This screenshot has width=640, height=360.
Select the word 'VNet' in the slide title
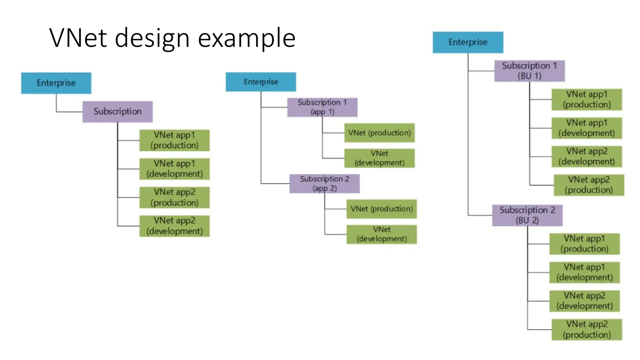[x=78, y=38]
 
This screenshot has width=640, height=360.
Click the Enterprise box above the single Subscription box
[x=56, y=83]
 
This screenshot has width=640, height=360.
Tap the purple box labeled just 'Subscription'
[x=117, y=112]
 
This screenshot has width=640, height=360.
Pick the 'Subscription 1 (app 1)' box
[x=322, y=107]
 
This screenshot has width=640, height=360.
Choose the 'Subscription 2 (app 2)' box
[x=324, y=184]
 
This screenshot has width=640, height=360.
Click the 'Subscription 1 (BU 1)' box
[x=529, y=71]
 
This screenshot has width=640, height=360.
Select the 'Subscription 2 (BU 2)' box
[x=527, y=215]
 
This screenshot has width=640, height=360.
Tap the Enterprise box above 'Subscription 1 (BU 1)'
[x=468, y=42]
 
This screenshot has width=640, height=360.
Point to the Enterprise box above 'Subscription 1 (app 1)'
[x=261, y=82]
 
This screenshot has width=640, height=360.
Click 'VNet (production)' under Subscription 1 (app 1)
[x=379, y=133]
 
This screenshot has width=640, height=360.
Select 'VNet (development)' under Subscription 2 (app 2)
[x=382, y=234]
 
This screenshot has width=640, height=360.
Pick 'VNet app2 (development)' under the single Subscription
[x=174, y=226]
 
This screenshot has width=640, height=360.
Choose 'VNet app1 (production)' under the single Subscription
[x=174, y=140]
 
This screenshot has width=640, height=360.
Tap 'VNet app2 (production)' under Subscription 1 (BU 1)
[x=589, y=185]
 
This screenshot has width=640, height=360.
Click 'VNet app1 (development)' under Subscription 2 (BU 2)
[x=584, y=272]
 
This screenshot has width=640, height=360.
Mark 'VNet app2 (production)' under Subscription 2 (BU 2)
[x=587, y=329]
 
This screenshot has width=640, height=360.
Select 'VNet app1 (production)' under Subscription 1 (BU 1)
[x=587, y=99]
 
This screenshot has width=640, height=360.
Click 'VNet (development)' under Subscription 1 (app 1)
[x=379, y=158]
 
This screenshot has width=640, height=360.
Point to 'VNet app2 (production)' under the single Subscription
[x=174, y=197]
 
